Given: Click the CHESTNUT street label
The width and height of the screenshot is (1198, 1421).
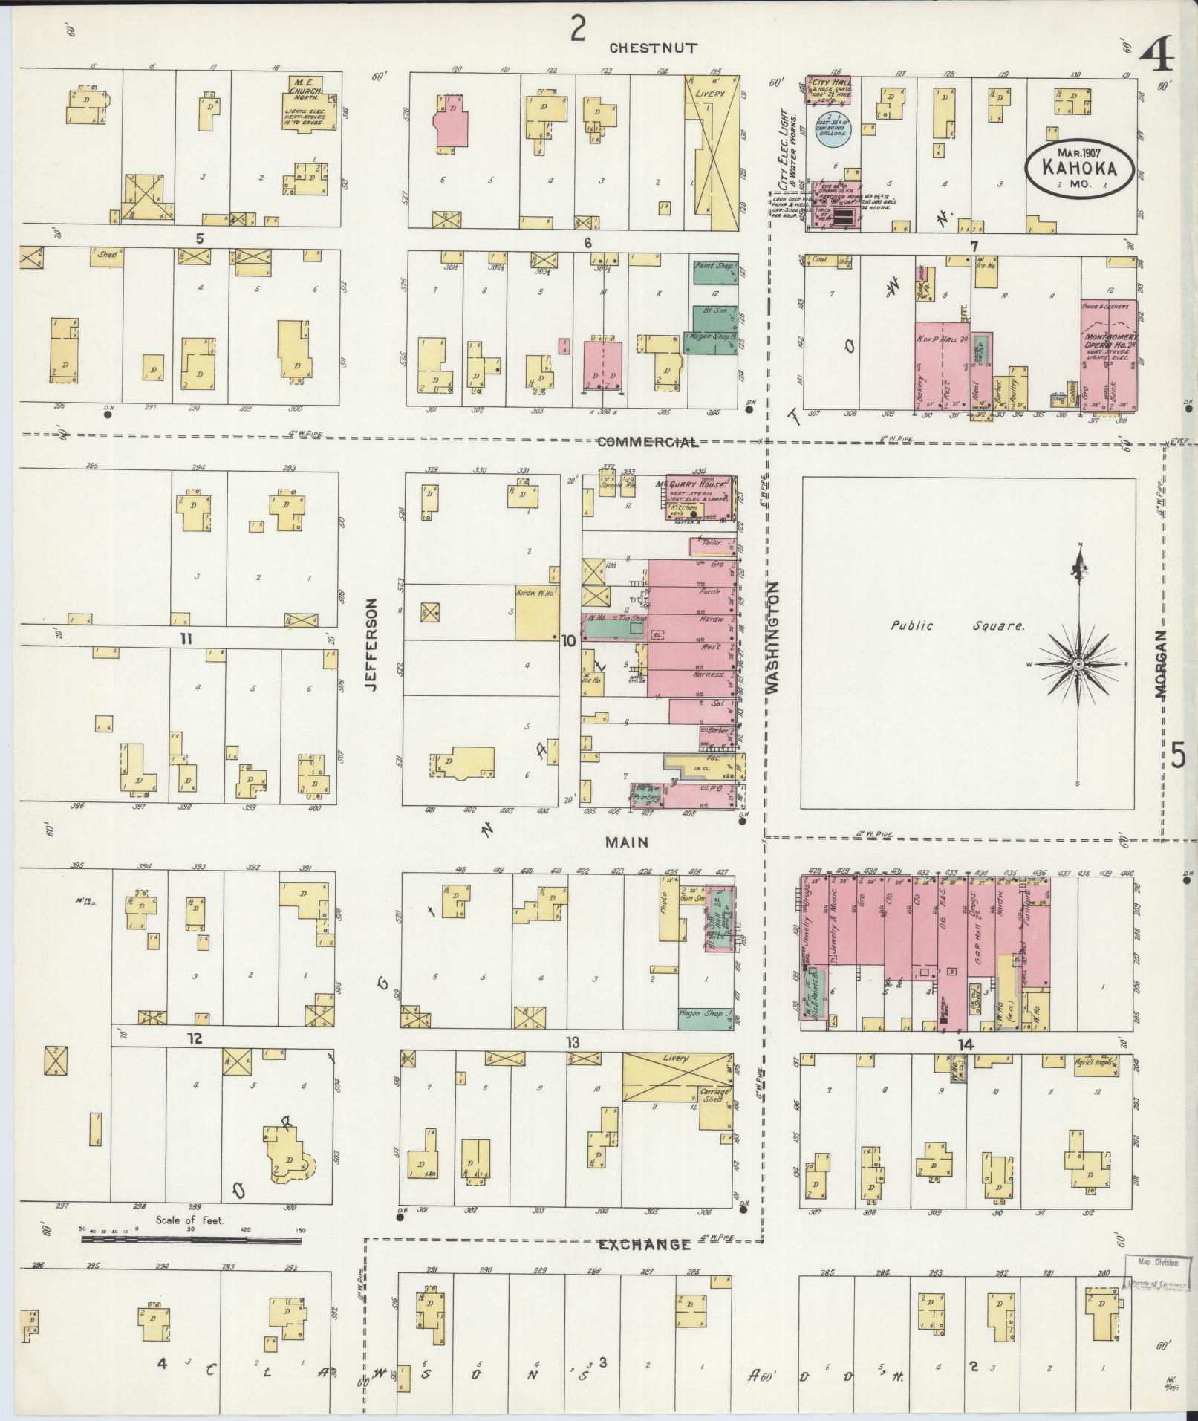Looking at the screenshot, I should pyautogui.click(x=653, y=48).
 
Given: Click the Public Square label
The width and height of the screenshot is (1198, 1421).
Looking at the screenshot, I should pyautogui.click(x=957, y=625).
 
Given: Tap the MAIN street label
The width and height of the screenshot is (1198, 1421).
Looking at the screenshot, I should pyautogui.click(x=626, y=842).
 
